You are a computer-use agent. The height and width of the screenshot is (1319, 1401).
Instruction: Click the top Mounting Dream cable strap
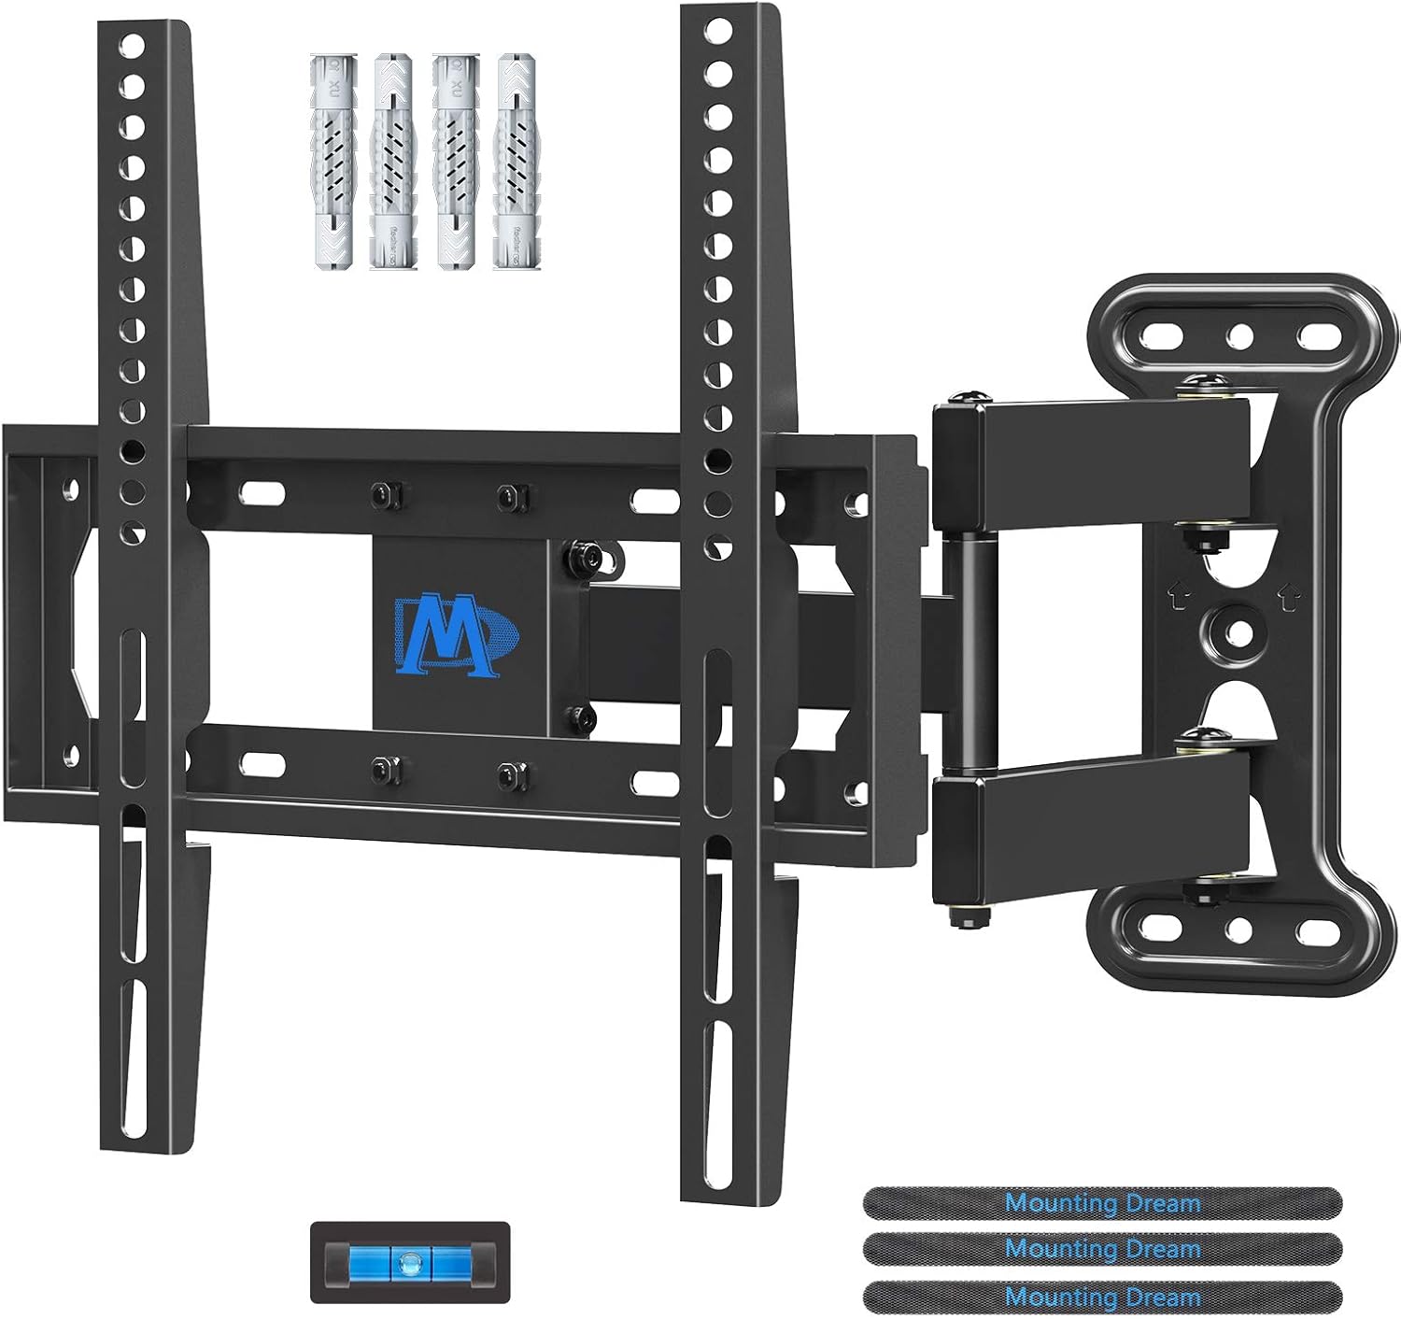1103,1202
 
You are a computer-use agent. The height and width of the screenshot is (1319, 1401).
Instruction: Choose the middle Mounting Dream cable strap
1103,1249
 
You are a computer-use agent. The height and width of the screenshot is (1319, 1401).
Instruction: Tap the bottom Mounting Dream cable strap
1103,1297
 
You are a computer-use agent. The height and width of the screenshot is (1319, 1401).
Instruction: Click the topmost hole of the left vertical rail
131,45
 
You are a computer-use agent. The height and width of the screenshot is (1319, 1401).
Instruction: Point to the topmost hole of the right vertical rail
718,31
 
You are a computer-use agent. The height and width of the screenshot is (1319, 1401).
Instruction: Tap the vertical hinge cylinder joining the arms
960,654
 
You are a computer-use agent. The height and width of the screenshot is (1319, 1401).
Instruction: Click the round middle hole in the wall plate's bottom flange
1240,929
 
